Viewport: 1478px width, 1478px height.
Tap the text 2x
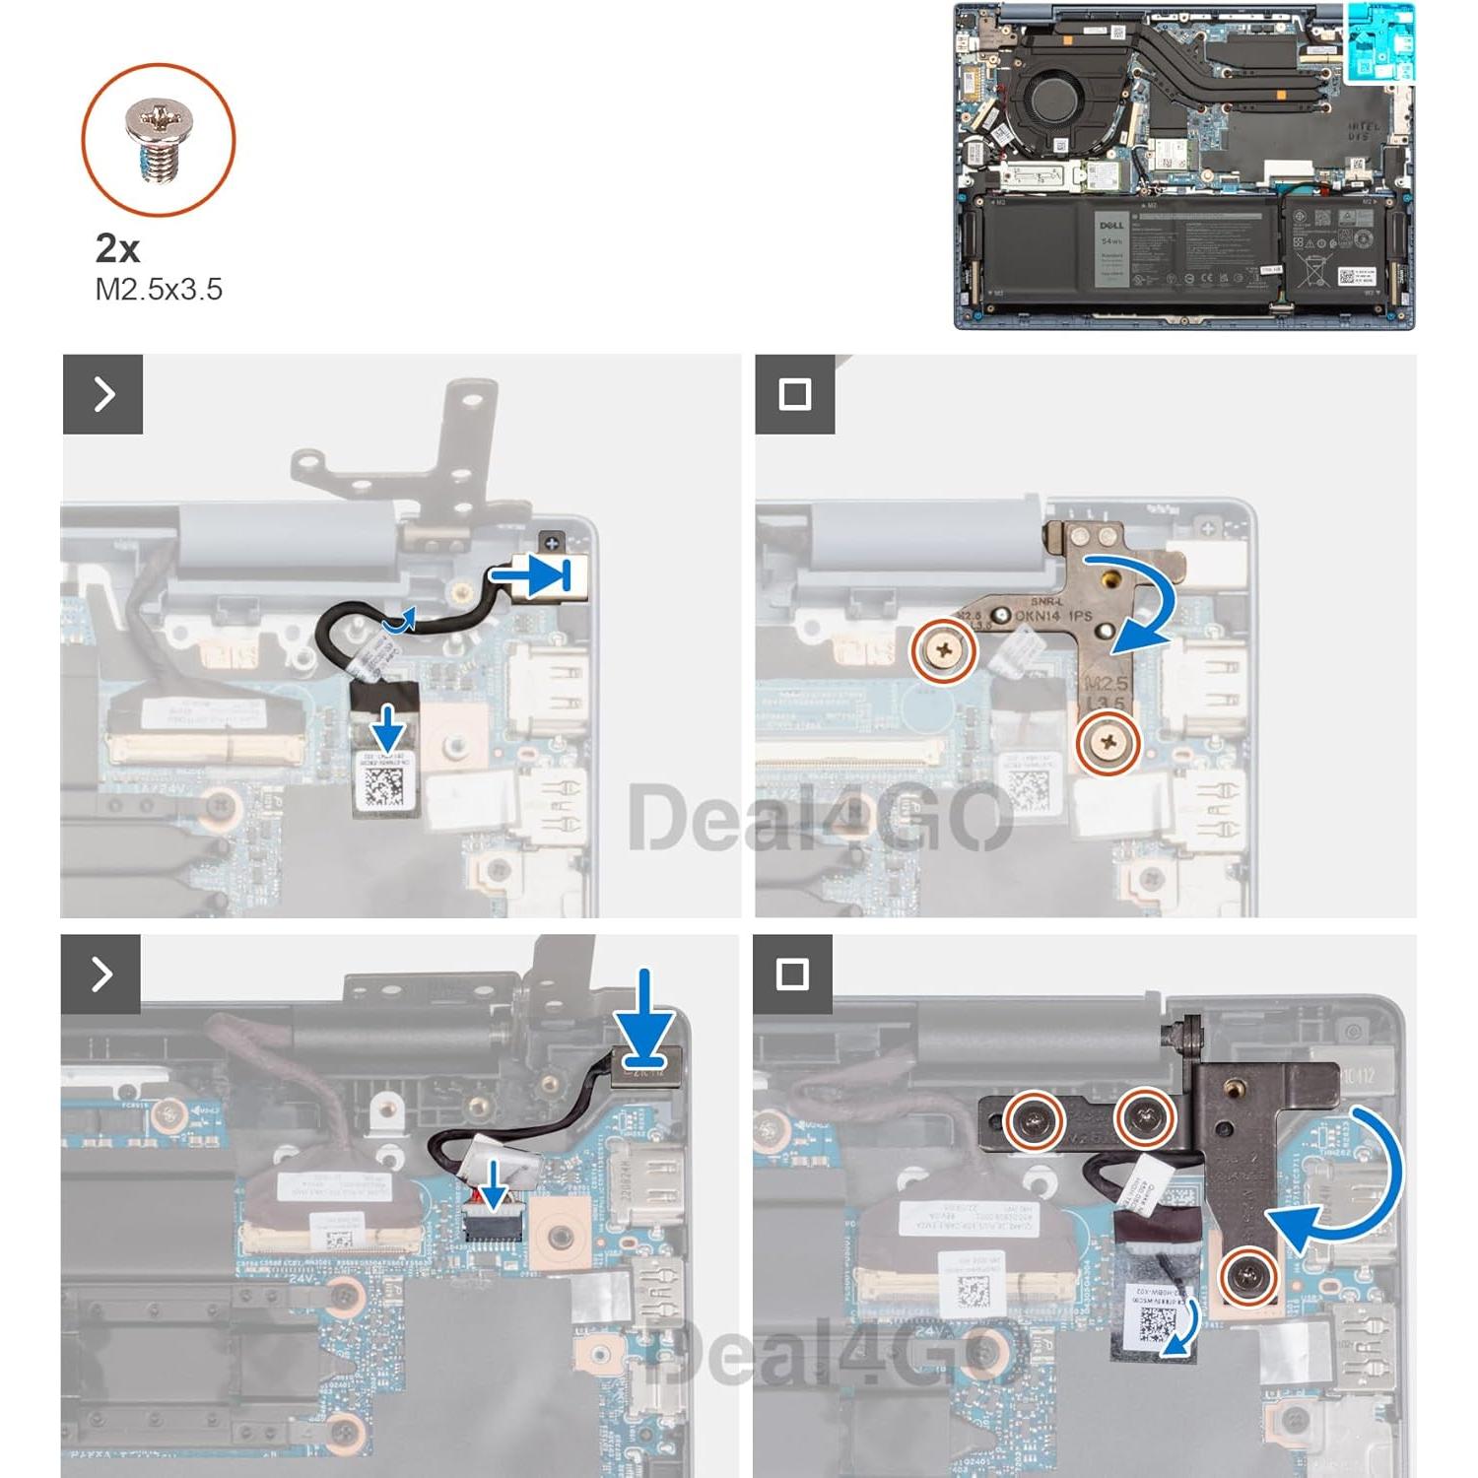(117, 248)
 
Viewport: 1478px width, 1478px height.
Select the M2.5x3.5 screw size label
(159, 290)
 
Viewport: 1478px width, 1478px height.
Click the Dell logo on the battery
(1110, 226)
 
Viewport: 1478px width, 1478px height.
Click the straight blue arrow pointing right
(540, 575)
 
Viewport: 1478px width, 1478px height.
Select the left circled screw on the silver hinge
(944, 649)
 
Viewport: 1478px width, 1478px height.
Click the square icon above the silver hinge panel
(794, 394)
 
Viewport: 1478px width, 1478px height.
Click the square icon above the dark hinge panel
(793, 974)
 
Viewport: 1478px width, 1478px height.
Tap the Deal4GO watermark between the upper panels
(818, 818)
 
